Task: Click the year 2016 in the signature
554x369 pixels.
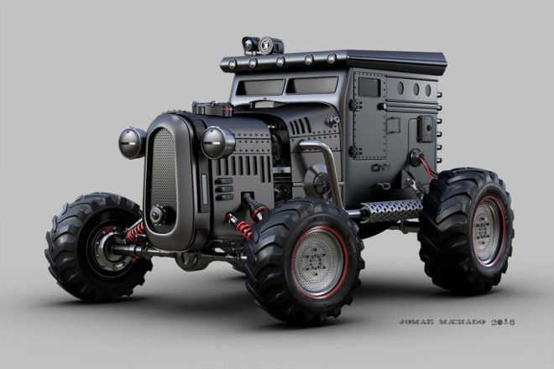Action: tap(503, 322)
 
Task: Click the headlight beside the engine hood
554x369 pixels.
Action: tap(217, 143)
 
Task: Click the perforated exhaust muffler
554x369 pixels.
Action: tap(391, 210)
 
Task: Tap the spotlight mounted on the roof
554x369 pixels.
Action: tap(262, 45)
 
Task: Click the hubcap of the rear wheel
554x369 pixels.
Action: tap(488, 231)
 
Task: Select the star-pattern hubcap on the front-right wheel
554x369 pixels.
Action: tap(317, 261)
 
